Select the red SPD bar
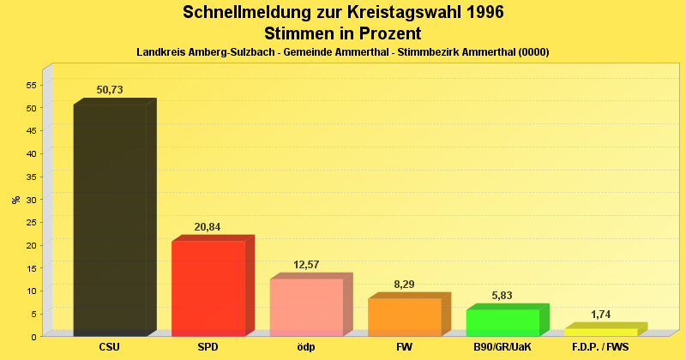click(x=208, y=288)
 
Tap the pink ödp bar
click(x=306, y=307)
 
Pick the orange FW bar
click(x=405, y=317)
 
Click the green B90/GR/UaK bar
click(x=502, y=322)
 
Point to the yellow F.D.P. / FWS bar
click(x=600, y=332)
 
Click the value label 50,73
click(x=111, y=89)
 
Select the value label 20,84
click(x=208, y=226)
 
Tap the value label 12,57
click(x=306, y=264)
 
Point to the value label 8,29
click(x=405, y=284)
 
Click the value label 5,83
click(x=502, y=295)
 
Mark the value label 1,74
click(x=600, y=314)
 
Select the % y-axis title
click(x=15, y=199)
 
